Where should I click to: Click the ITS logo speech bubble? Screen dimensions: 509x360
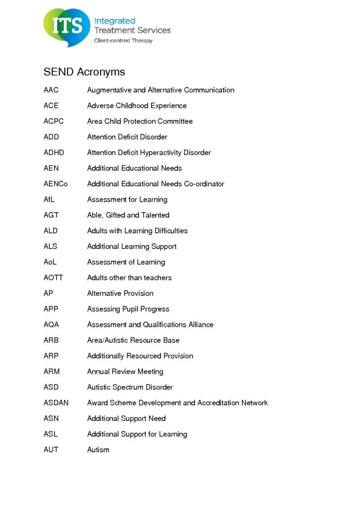click(x=67, y=27)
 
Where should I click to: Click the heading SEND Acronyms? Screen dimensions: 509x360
click(x=84, y=72)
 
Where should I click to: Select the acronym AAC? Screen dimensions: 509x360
click(x=51, y=90)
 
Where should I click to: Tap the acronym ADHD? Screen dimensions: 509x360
click(x=54, y=153)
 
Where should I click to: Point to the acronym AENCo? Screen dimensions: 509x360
click(x=56, y=184)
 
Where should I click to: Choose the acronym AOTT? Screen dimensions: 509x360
click(x=53, y=278)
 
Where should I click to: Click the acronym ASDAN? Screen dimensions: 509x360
click(x=56, y=403)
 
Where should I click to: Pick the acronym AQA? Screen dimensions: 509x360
click(x=51, y=325)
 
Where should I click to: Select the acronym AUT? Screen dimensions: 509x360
click(x=51, y=450)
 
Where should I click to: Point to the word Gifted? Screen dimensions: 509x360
click(x=115, y=215)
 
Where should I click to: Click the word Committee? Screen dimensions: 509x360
click(x=175, y=121)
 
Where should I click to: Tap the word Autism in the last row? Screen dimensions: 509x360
click(x=98, y=450)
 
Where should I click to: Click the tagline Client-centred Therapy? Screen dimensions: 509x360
click(x=123, y=41)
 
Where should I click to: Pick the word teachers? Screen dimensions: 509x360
click(x=157, y=278)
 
